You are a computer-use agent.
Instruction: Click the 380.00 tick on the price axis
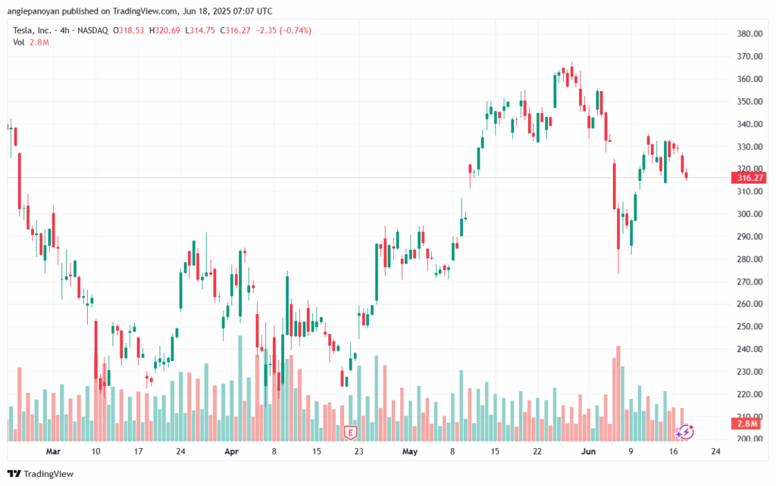(748, 34)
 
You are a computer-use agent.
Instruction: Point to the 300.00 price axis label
(748, 214)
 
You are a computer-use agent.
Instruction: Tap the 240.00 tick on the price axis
(748, 349)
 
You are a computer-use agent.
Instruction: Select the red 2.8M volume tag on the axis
(748, 423)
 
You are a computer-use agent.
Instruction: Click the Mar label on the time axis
(52, 451)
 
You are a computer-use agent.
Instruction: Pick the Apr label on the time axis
(232, 451)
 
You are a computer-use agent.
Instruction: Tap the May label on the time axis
(410, 451)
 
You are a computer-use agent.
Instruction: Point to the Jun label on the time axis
(589, 451)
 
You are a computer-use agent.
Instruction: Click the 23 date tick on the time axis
(359, 451)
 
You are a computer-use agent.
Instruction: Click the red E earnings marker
(350, 432)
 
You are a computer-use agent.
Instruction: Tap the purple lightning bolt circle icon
(685, 431)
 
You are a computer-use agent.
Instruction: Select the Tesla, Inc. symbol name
(34, 30)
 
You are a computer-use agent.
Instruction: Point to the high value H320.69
(164, 30)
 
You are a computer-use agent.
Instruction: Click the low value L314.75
(201, 30)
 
